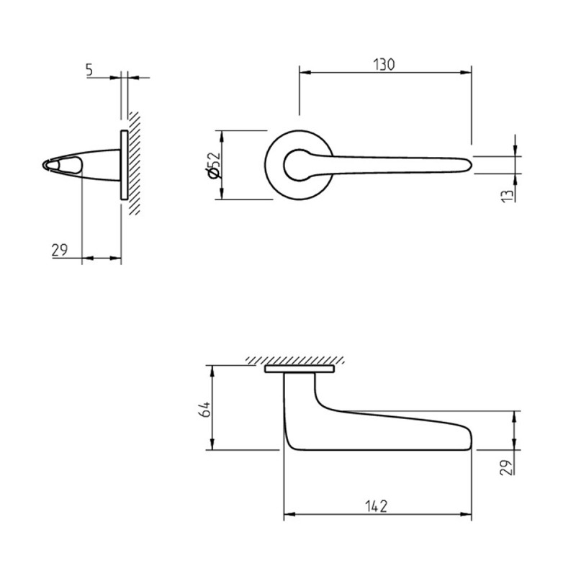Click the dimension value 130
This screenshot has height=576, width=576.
pos(384,64)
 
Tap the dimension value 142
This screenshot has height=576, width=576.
pos(377,506)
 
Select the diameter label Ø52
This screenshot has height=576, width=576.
pos(214,166)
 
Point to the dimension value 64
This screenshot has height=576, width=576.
pos(204,408)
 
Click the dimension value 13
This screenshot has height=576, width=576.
pos(507,196)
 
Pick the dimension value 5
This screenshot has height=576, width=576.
pos(90,70)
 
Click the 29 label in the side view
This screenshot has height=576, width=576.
pos(60,250)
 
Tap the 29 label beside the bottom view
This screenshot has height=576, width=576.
pos(506,467)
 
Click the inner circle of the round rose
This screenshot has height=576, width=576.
pos(284,166)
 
